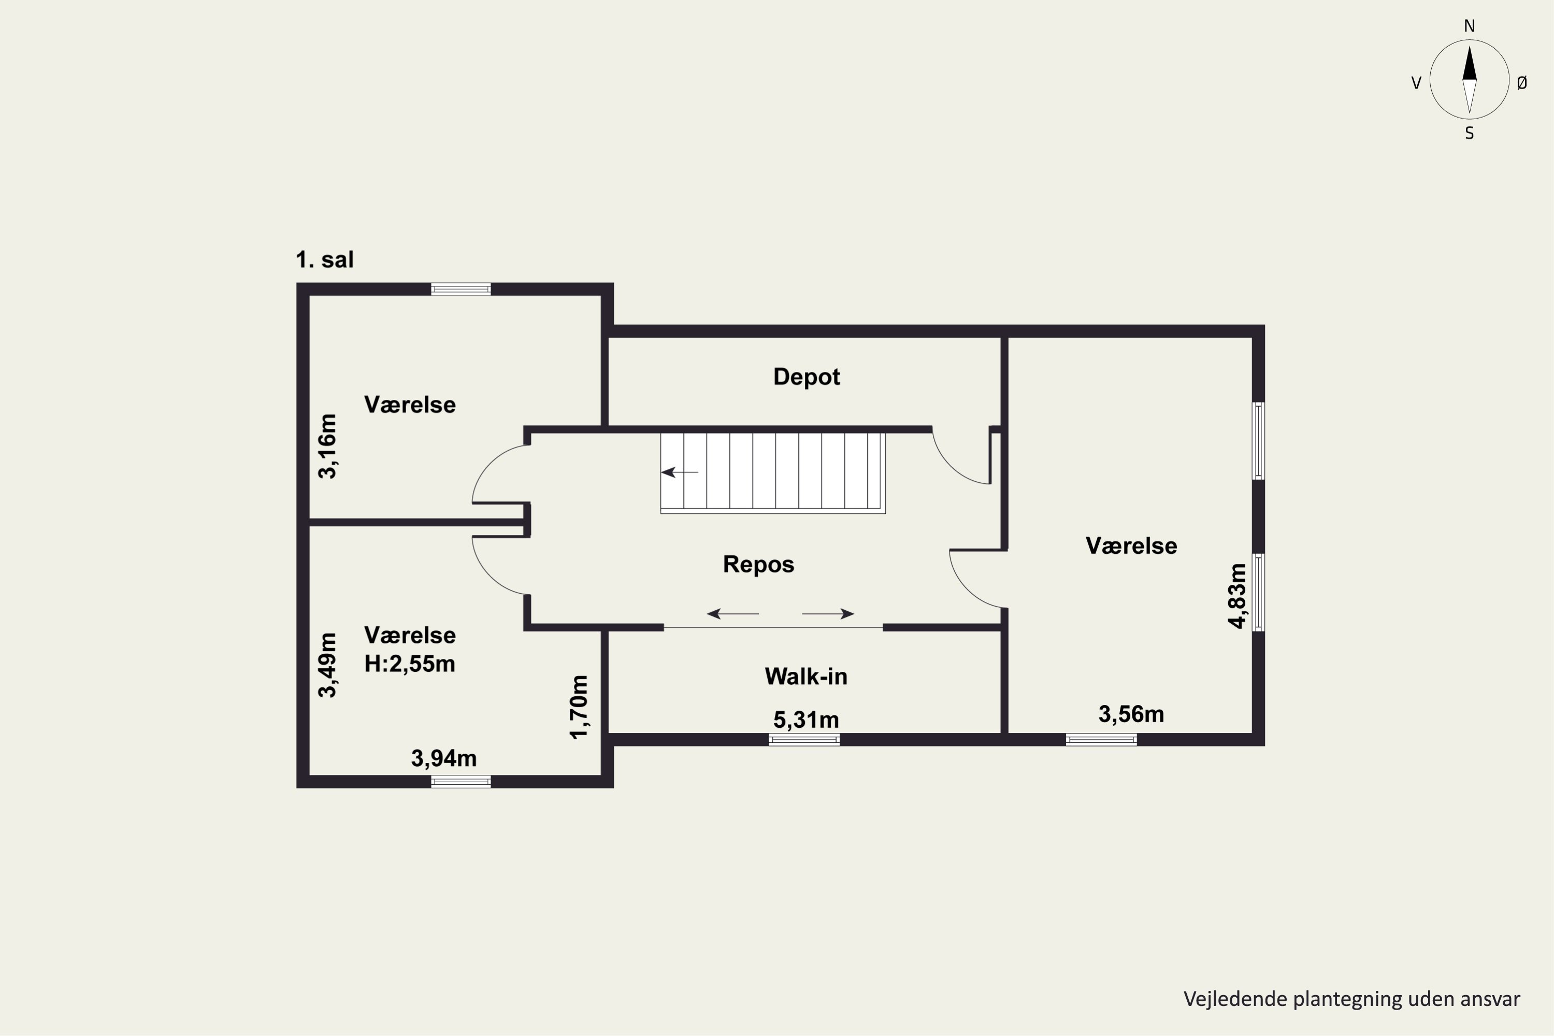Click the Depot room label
click(x=806, y=377)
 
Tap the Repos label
click(x=758, y=564)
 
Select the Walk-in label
click(x=806, y=676)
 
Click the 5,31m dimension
click(x=806, y=720)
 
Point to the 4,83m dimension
click(x=1237, y=596)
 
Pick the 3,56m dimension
click(x=1131, y=714)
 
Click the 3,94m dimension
click(x=444, y=758)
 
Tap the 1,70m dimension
click(x=578, y=707)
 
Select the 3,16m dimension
click(x=327, y=446)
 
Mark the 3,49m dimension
click(x=327, y=665)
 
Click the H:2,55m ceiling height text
click(x=410, y=664)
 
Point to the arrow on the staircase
click(x=680, y=472)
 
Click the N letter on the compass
click(x=1470, y=26)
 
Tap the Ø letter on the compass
click(x=1522, y=82)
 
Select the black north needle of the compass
click(x=1470, y=63)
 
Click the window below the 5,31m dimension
click(x=804, y=740)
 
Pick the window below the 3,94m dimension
click(x=461, y=782)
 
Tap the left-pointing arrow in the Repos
click(x=733, y=614)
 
